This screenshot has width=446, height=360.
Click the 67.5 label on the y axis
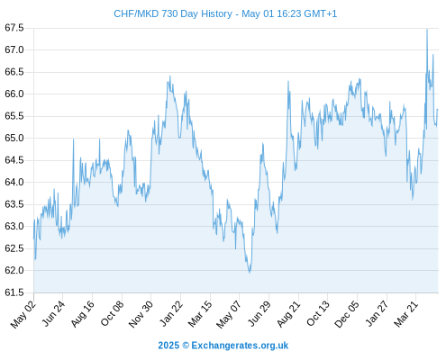pyautogui.click(x=14, y=28)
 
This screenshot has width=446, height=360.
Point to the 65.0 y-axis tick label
pyautogui.click(x=14, y=138)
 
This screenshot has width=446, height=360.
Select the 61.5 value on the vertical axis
pyautogui.click(x=14, y=292)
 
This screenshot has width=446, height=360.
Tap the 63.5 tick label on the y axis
pyautogui.click(x=14, y=204)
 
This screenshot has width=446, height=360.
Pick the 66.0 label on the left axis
pyautogui.click(x=14, y=94)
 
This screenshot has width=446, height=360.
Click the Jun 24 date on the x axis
pyautogui.click(x=53, y=313)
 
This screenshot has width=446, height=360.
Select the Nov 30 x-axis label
pyautogui.click(x=141, y=314)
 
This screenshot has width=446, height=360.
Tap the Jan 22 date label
pyautogui.click(x=171, y=313)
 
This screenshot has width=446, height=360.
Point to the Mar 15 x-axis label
pyautogui.click(x=200, y=314)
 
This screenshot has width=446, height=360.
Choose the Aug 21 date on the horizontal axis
pyautogui.click(x=288, y=314)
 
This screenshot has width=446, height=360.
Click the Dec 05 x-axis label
pyautogui.click(x=347, y=314)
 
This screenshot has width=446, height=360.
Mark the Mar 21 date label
pyautogui.click(x=405, y=314)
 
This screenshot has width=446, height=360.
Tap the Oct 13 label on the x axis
pyautogui.click(x=318, y=313)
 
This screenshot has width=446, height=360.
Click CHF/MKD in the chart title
pyautogui.click(x=136, y=13)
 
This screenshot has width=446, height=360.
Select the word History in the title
pyautogui.click(x=216, y=14)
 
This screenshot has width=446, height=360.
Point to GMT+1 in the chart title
pyautogui.click(x=321, y=13)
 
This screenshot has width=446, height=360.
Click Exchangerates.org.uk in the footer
pyautogui.click(x=240, y=346)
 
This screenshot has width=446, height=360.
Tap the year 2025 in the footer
pyautogui.click(x=168, y=346)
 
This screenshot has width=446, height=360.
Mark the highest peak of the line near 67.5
pyautogui.click(x=427, y=29)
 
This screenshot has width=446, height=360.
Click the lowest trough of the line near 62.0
pyautogui.click(x=250, y=272)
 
